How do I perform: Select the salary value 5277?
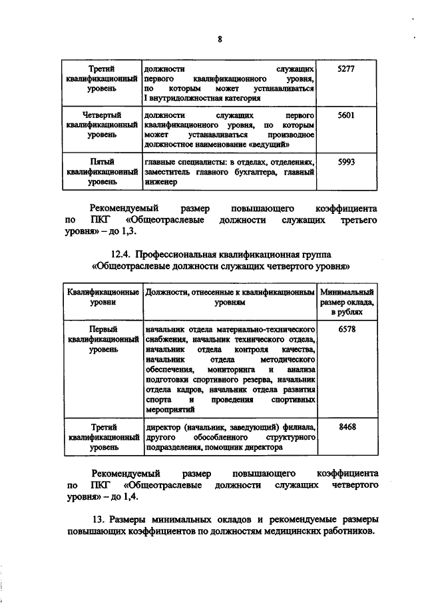click(x=347, y=69)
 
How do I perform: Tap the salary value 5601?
click(x=347, y=115)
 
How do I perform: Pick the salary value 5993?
click(x=347, y=161)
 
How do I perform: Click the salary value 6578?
click(x=347, y=328)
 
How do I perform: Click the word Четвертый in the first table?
click(x=102, y=115)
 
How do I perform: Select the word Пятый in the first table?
click(x=102, y=161)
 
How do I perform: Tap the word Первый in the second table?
click(x=102, y=328)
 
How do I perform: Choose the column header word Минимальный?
click(x=347, y=292)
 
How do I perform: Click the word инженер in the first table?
click(x=160, y=181)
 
